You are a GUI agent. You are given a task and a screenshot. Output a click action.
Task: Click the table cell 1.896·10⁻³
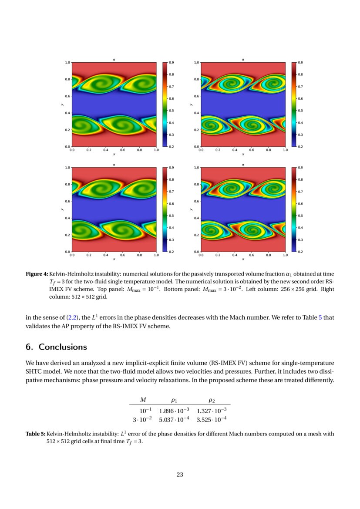pos(174,410)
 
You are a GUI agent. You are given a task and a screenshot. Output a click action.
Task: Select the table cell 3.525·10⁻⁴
pos(212,419)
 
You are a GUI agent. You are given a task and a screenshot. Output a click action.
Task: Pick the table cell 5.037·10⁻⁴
pos(174,419)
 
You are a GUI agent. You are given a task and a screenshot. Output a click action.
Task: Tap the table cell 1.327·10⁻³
pos(212,410)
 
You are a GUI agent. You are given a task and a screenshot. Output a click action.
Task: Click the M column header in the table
pos(143,400)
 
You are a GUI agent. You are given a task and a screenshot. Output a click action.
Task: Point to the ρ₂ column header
pos(212,400)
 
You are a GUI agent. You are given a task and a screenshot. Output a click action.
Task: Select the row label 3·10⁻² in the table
pos(142,419)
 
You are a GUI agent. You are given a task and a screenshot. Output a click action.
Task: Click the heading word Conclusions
pos(63,347)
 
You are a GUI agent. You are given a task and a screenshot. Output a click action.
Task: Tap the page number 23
pos(180,474)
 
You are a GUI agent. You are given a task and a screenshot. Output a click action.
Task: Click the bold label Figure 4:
pos(37,274)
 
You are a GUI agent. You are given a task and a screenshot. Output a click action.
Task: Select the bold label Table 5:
pos(35,434)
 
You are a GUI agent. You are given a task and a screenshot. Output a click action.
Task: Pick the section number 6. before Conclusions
pos(29,347)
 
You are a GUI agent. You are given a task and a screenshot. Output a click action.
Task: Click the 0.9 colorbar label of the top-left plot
pos(172,63)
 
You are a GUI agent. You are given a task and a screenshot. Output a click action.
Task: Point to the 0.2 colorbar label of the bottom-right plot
pos(300,252)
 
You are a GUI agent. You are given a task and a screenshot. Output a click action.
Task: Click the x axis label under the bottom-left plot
pos(114,259)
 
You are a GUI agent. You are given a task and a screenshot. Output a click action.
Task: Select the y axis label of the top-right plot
pos(192,104)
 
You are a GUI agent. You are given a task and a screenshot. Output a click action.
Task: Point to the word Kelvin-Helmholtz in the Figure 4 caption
pos(70,274)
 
